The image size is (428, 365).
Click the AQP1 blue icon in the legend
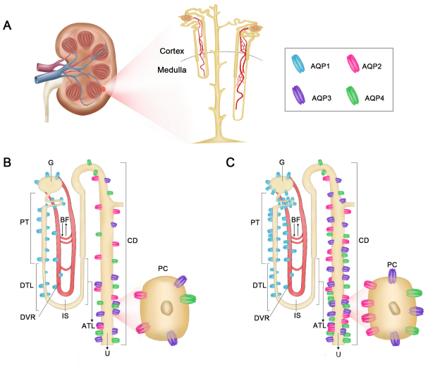click(x=298, y=64)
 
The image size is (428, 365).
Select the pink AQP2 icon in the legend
click(x=353, y=64)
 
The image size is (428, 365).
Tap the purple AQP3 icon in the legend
click(x=298, y=95)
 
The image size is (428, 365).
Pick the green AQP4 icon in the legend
click(x=352, y=95)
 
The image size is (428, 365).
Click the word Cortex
click(x=171, y=51)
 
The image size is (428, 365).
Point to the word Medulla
click(x=171, y=70)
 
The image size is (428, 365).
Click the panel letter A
click(x=7, y=25)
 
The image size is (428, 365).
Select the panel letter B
click(x=7, y=162)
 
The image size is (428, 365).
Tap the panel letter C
click(x=230, y=162)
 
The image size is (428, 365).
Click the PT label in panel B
click(x=24, y=222)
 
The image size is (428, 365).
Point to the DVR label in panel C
click(x=262, y=318)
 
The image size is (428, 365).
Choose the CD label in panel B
click(x=133, y=241)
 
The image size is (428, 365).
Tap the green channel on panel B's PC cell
click(x=188, y=299)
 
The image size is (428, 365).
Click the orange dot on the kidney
click(x=104, y=89)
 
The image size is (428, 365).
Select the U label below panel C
click(x=338, y=354)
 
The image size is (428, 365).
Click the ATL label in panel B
click(x=88, y=326)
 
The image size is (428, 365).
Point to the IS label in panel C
click(x=298, y=316)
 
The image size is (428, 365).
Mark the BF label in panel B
click(x=65, y=220)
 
